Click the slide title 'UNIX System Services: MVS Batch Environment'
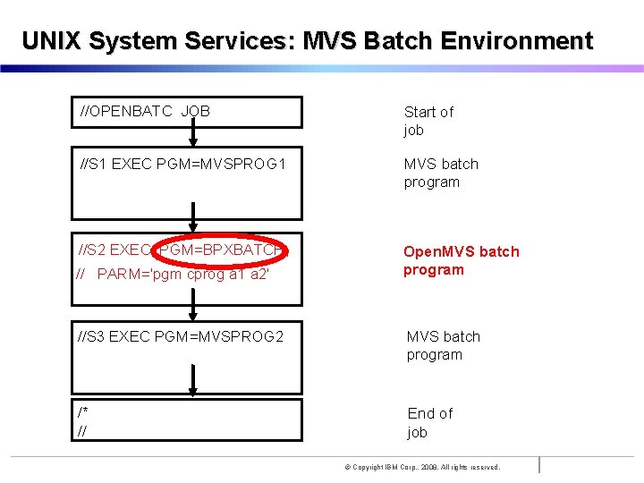[x=307, y=41]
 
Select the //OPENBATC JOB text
[x=145, y=111]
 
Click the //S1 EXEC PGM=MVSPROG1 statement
[x=182, y=165]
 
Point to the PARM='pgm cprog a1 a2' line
[x=174, y=274]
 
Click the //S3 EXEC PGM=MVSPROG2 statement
[x=181, y=336]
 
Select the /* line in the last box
[x=82, y=412]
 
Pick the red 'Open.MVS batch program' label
[x=461, y=260]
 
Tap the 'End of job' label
[x=429, y=422]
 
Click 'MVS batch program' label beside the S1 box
[x=441, y=173]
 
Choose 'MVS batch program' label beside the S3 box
[x=443, y=345]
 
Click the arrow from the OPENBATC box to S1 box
[x=192, y=134]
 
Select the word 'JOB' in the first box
[x=195, y=111]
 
